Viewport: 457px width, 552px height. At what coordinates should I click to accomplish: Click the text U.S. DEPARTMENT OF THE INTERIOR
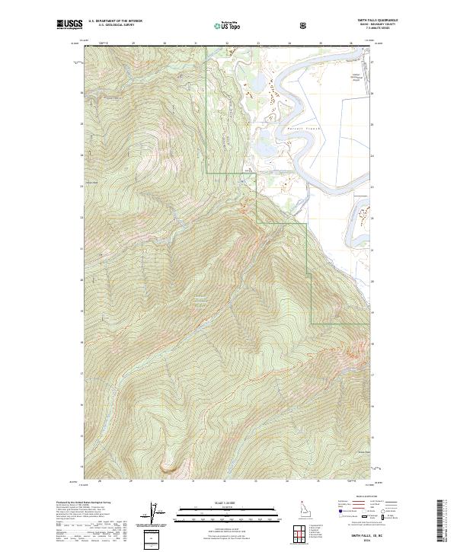point(116,21)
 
